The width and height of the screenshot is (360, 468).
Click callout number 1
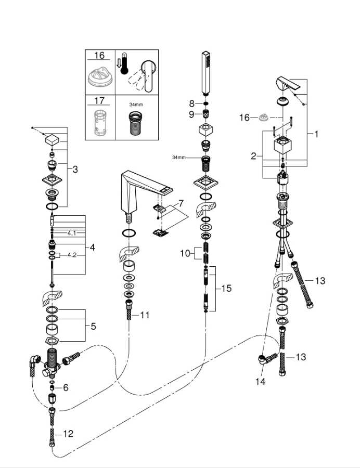click(316, 134)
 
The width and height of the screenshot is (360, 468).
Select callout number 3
click(75, 169)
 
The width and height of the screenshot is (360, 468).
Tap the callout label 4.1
click(72, 233)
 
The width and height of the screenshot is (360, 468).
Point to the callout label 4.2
click(72, 255)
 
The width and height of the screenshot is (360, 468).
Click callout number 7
click(181, 203)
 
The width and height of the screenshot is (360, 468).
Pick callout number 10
click(185, 253)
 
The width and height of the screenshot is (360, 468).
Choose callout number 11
click(145, 315)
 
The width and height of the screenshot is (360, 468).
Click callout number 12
click(68, 433)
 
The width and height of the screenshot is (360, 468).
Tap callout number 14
click(260, 382)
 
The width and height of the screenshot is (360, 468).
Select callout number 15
click(226, 288)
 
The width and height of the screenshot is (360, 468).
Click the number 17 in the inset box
click(99, 100)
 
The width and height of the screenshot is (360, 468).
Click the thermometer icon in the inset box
click(124, 63)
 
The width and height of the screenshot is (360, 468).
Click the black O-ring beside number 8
click(206, 103)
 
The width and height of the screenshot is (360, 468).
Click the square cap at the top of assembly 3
click(53, 139)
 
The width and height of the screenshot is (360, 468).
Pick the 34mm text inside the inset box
click(136, 105)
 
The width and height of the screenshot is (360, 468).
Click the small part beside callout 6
click(53, 388)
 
